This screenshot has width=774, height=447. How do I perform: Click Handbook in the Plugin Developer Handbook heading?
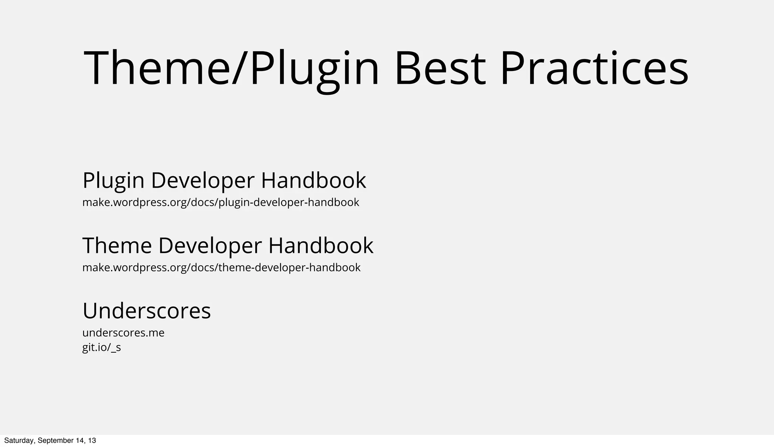pyautogui.click(x=313, y=180)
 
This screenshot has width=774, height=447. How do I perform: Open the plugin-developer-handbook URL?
pyautogui.click(x=221, y=203)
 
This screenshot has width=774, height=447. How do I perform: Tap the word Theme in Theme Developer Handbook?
pyautogui.click(x=117, y=245)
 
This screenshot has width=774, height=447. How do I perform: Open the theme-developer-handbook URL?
pyautogui.click(x=221, y=268)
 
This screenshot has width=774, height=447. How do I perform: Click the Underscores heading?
pyautogui.click(x=147, y=311)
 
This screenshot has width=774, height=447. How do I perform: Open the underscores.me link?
pyautogui.click(x=123, y=333)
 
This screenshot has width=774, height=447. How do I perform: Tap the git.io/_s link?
pyautogui.click(x=101, y=347)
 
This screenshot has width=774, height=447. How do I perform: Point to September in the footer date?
pyautogui.click(x=53, y=441)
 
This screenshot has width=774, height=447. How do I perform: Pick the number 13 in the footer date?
pyautogui.click(x=92, y=441)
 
